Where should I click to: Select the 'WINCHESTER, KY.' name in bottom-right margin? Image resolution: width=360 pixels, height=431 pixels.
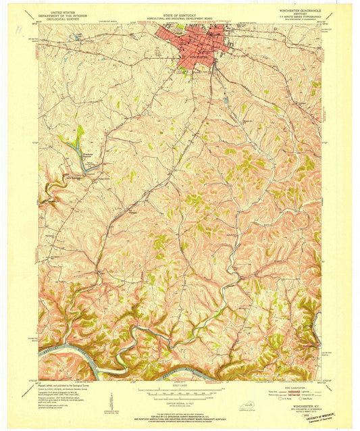pyautogui.click(x=300, y=407)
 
